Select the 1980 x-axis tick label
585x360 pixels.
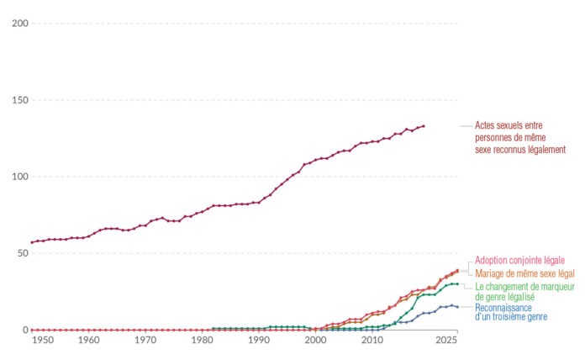(x=202, y=340)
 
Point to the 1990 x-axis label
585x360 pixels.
(x=258, y=340)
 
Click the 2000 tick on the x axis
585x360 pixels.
(x=315, y=340)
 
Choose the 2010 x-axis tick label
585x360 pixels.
(x=372, y=340)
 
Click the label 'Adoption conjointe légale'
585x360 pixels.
(x=519, y=261)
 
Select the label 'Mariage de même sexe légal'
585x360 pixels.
(x=524, y=273)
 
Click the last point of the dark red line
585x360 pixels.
(x=423, y=126)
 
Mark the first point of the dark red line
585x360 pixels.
(x=32, y=242)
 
